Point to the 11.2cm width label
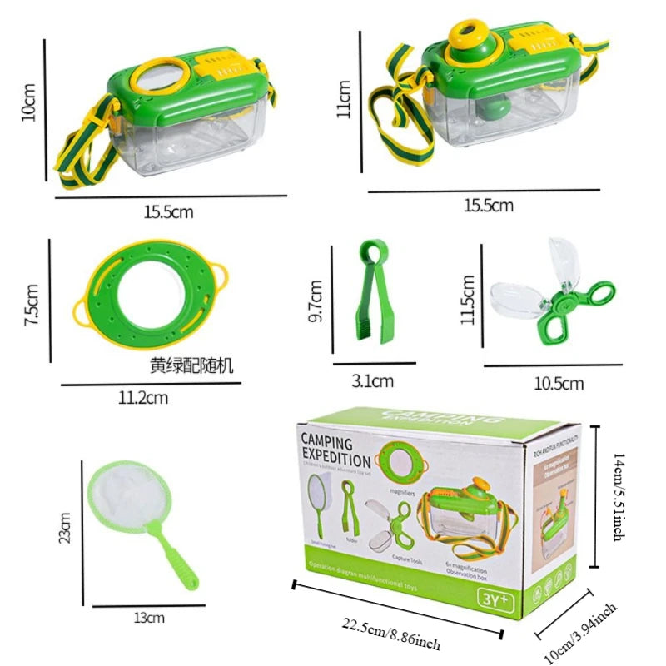coord(144,398)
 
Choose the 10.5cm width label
coord(559,383)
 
